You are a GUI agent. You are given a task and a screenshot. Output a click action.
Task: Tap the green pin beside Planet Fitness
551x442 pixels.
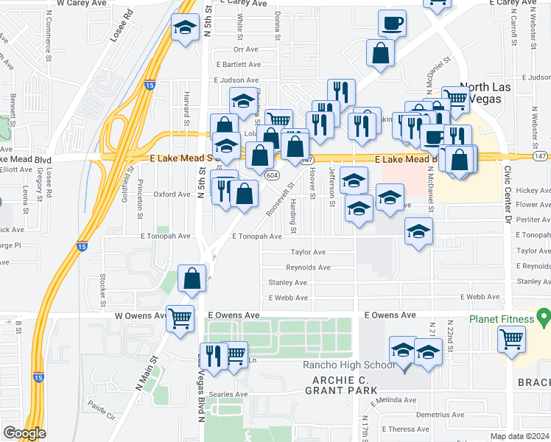coord(544,318)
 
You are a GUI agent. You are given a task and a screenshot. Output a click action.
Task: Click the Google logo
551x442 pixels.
coord(24,433)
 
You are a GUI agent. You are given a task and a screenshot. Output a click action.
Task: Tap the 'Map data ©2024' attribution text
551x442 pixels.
coord(519,436)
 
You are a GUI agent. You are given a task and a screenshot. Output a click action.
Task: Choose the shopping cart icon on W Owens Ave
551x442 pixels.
coord(180,319)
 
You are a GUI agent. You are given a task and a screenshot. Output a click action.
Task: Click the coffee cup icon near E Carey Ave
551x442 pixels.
coord(392,22)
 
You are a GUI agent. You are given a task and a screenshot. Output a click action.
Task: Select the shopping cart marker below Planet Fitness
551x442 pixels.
coord(511,340)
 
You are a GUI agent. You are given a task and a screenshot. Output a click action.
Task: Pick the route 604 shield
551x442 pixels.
coord(272,175)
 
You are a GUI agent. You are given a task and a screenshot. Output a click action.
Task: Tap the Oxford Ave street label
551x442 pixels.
coord(172,194)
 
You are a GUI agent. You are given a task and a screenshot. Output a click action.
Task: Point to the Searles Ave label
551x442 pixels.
coord(228,394)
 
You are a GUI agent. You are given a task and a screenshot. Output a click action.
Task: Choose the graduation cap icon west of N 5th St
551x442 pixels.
coord(183,29)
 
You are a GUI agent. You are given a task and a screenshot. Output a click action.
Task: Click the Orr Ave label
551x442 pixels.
coord(245,49)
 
